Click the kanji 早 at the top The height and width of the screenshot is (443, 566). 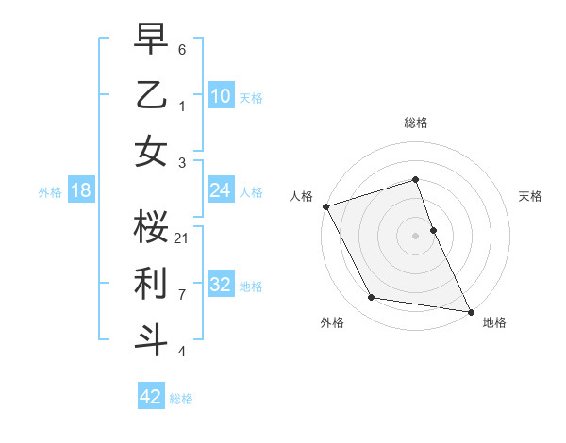pos(151,41)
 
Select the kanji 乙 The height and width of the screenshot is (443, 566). pos(151,97)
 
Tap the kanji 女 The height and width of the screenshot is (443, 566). pos(151,153)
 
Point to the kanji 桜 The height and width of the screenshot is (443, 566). pos(151,227)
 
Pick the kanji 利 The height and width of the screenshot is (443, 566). pos(151,284)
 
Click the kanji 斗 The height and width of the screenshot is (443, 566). pos(151,339)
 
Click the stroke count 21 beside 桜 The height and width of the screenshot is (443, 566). pos(182,238)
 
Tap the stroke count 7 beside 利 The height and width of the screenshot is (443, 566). pos(182,294)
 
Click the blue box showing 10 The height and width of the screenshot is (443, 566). pos(220,96)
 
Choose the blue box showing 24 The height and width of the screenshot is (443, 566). pos(220,190)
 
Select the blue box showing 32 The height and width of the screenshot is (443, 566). pos(220,285)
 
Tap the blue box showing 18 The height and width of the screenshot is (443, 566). pos(80,190)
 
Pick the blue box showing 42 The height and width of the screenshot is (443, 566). pos(150,397)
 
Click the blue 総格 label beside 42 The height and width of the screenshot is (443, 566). pos(181,399)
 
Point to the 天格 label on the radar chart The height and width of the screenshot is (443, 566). pos(530,196)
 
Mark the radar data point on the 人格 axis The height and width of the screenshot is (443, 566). pos(325,206)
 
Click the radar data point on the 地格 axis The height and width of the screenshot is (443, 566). pos(470,311)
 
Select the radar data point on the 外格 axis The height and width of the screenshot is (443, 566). pos(372,298)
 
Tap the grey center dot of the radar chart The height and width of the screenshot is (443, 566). pos(415,236)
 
